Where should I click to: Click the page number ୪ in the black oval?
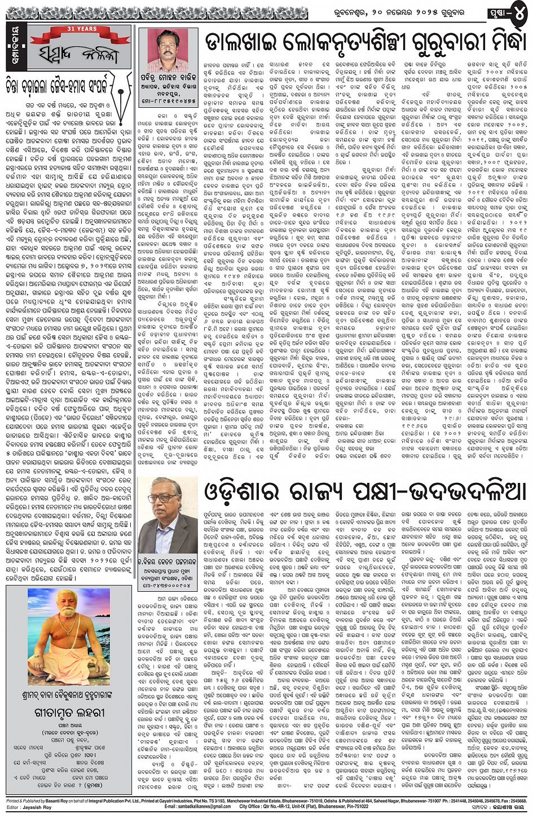518,12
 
